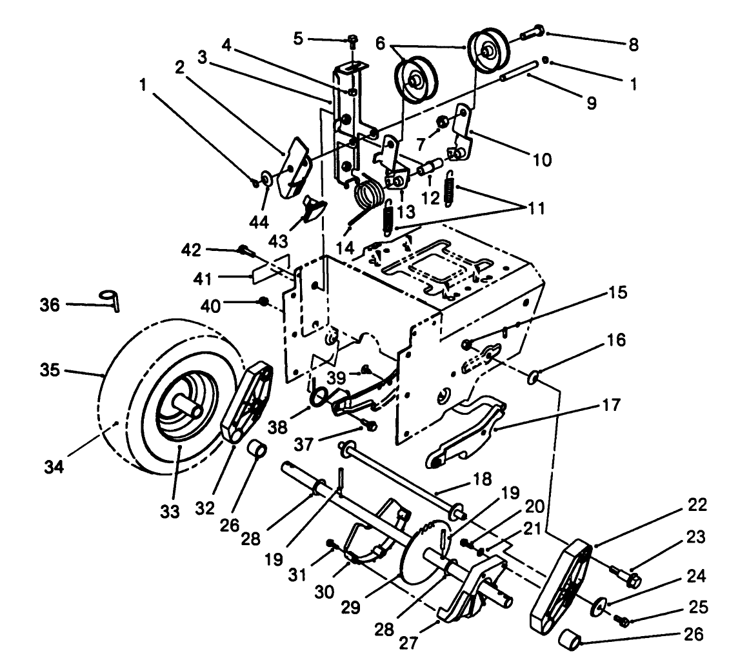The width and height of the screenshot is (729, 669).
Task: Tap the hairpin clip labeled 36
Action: (x=110, y=300)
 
